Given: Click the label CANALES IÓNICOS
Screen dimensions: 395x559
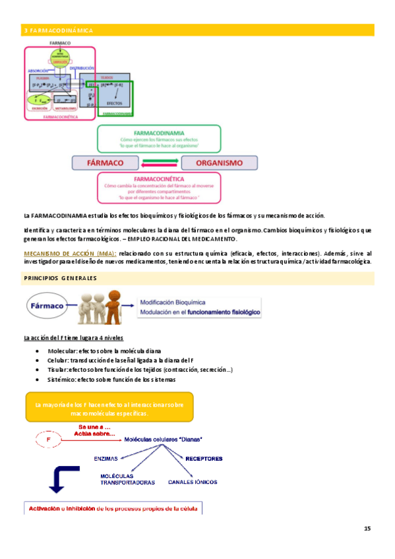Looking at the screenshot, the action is coord(193,482).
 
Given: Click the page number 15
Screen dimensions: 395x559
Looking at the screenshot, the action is coord(367,529).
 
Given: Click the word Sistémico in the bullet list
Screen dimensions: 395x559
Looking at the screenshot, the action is coord(62,380).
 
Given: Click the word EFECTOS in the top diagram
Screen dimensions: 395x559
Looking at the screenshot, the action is coord(115,104).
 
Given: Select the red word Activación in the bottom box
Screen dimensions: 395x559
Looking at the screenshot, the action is coord(44,508).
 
